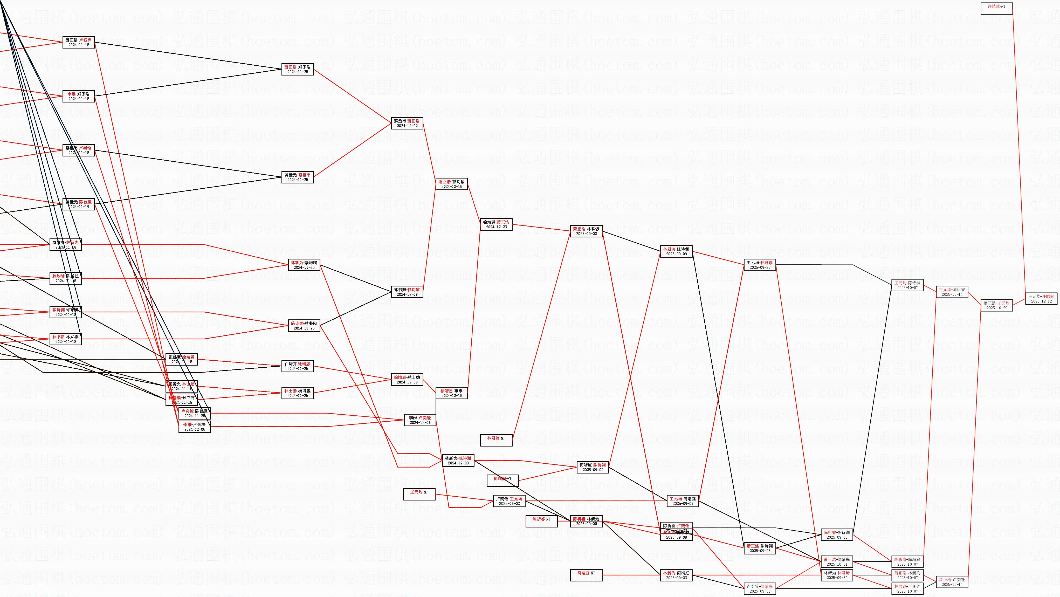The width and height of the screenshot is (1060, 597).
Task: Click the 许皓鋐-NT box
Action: click(x=996, y=9)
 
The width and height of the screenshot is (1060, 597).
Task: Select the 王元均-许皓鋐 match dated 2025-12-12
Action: click(x=1041, y=299)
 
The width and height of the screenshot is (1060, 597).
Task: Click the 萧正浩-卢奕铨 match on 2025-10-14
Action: click(x=952, y=582)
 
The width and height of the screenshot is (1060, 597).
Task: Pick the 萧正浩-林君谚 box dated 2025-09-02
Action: click(x=586, y=231)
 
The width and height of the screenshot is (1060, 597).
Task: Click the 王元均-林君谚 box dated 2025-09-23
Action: click(x=760, y=265)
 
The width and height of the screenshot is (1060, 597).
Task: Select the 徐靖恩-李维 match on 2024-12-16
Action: click(x=451, y=393)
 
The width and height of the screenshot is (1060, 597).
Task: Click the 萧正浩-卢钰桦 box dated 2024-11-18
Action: click(x=79, y=42)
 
